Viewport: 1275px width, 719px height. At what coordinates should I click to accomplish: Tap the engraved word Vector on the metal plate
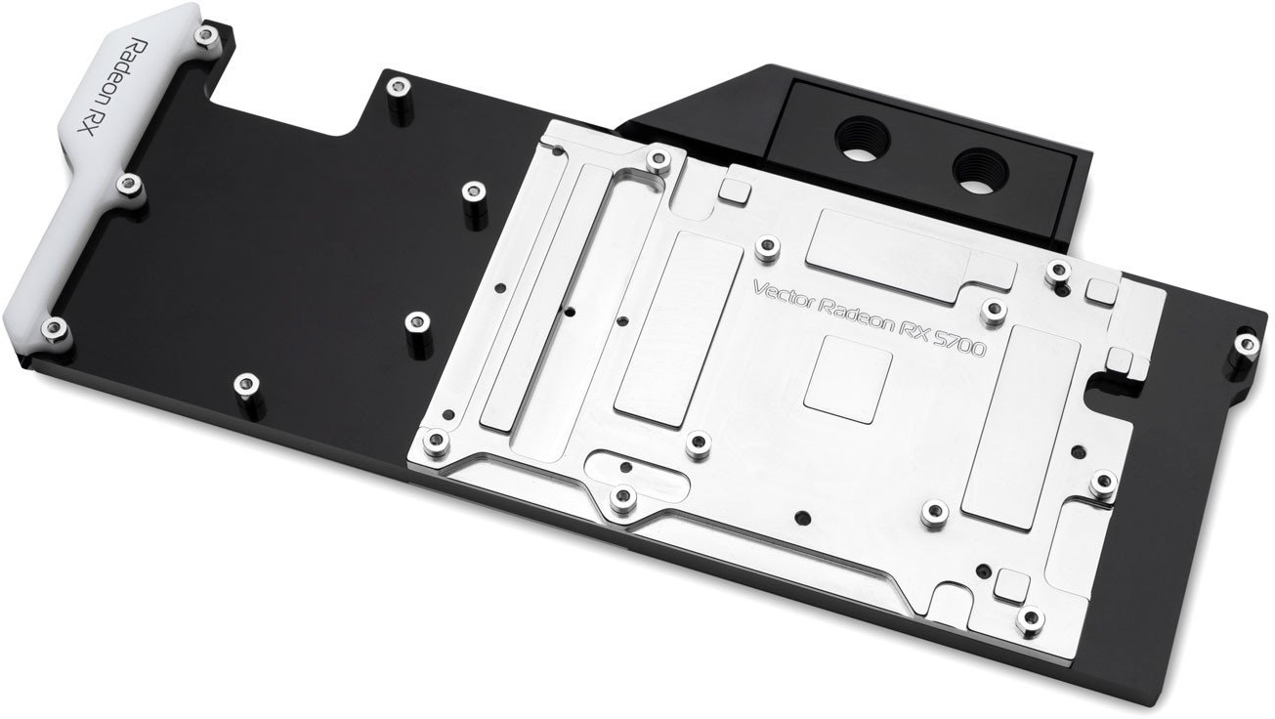coord(784,295)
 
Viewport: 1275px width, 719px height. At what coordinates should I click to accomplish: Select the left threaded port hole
coord(863,139)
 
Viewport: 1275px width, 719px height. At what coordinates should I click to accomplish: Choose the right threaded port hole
coord(981,170)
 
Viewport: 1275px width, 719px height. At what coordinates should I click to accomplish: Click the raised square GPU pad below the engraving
coord(847,379)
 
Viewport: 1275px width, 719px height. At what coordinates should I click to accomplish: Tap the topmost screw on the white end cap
coord(205,36)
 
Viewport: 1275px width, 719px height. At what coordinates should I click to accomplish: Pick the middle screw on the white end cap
coord(128,184)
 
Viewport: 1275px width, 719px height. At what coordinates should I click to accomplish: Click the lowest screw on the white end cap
coord(54,327)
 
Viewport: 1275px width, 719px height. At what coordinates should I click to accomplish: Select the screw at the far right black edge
coord(1246,344)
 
